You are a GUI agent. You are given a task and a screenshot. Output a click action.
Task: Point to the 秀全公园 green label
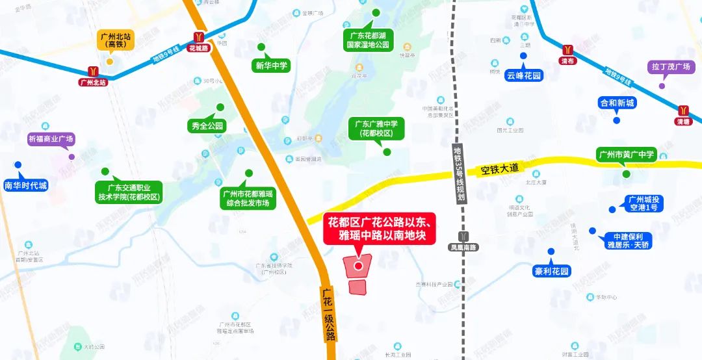[x=208, y=126]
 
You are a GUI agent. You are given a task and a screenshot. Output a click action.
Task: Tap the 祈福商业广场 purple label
[x=51, y=138]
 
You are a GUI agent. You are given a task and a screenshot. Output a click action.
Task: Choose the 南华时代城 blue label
[x=26, y=185]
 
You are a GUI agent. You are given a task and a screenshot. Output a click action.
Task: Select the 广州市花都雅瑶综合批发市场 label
[x=248, y=198]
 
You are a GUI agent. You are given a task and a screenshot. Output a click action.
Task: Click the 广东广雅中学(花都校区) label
[x=377, y=128]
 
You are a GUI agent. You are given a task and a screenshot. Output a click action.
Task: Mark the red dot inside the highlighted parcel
[x=357, y=265]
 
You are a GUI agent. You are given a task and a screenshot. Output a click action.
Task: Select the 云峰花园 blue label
[x=523, y=75]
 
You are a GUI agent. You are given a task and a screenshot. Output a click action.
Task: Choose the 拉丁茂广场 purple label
[x=670, y=67]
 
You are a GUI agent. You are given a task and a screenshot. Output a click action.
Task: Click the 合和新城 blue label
[x=617, y=103]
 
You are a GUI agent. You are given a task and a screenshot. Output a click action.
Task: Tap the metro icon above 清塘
[x=683, y=110]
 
